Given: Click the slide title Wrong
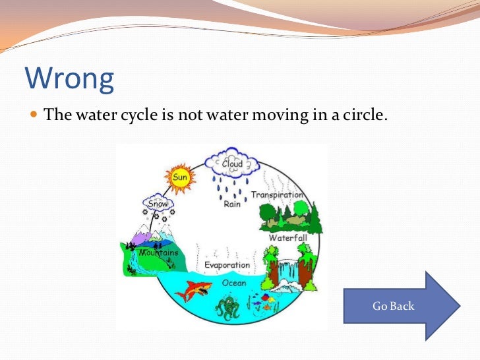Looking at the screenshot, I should click(69, 78).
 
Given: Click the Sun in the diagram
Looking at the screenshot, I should click(179, 176).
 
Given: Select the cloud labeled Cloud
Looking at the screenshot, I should click(232, 163).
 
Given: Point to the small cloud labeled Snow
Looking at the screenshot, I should click(158, 204).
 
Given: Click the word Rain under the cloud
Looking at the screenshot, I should click(231, 204).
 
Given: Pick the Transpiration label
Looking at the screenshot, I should click(277, 195).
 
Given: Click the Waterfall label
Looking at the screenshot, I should click(287, 237).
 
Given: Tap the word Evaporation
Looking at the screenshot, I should click(227, 265).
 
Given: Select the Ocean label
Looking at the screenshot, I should click(233, 283).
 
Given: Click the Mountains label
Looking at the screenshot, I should click(158, 253).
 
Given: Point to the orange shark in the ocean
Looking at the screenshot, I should click(198, 288).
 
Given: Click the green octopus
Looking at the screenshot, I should click(228, 308).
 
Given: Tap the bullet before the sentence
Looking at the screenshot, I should click(34, 115).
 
